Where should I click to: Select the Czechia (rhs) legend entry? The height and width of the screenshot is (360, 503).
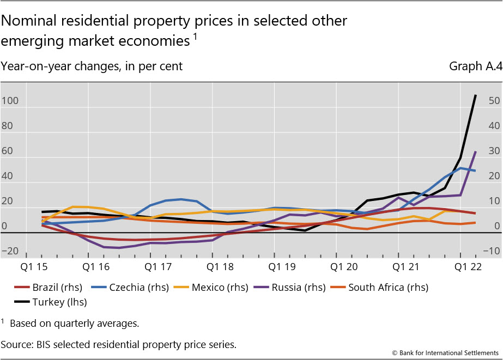pyautogui.click(x=133, y=288)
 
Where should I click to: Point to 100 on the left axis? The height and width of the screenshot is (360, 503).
pyautogui.click(x=10, y=101)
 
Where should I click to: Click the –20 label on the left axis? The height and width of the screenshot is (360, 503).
pyautogui.click(x=10, y=252)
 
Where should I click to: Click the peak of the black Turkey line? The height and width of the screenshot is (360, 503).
pyautogui.click(x=476, y=95)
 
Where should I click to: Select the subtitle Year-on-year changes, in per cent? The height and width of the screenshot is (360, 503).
pyautogui.click(x=92, y=66)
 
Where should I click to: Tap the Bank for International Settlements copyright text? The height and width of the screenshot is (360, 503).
pyautogui.click(x=445, y=353)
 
